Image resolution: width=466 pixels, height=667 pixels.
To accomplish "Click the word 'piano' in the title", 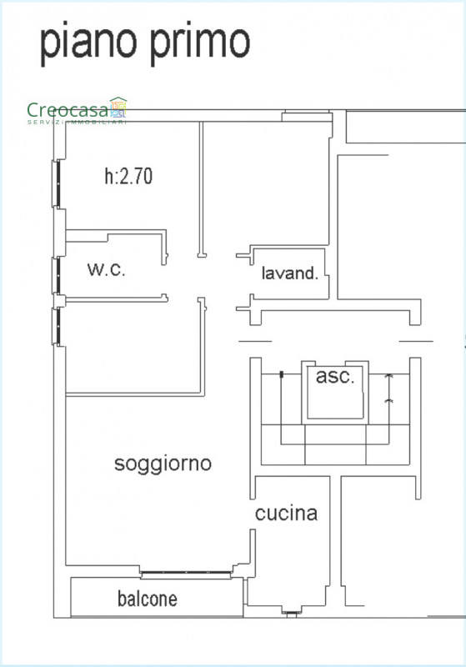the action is click(88, 44).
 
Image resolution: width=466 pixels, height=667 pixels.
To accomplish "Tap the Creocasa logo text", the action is click(68, 111).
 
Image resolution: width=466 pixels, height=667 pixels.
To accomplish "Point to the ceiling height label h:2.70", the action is click(128, 176).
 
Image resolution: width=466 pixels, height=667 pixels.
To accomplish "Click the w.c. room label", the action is click(107, 269).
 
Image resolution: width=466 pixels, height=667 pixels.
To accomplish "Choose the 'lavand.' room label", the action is click(290, 273).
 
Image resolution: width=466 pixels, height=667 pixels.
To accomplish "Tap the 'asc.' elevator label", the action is click(335, 376).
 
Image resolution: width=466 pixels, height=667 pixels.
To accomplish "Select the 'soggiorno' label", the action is click(163, 464).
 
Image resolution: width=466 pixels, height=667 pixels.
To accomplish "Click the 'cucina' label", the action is click(286, 514).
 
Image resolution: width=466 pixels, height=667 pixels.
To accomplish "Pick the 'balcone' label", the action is click(148, 599).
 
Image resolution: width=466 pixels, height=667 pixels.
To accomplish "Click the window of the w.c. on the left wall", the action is click(57, 276).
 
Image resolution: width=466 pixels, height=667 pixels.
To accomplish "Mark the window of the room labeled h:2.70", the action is click(57, 183).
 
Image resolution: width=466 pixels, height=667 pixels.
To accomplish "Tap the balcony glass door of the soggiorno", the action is click(186, 574).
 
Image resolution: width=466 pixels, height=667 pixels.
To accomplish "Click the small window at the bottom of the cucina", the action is click(291, 613).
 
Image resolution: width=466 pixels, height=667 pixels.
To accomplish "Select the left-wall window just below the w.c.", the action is click(57, 326).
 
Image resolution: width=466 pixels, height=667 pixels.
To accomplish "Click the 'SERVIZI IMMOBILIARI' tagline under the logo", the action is click(77, 123).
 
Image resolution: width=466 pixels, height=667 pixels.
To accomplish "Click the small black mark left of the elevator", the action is click(281, 374).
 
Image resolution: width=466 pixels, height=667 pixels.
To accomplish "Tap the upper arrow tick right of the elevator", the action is click(388, 377).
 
